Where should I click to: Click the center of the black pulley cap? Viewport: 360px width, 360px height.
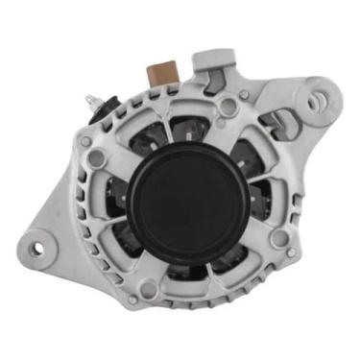click(179, 197)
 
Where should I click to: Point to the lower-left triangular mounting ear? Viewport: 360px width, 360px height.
click(48, 240)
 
